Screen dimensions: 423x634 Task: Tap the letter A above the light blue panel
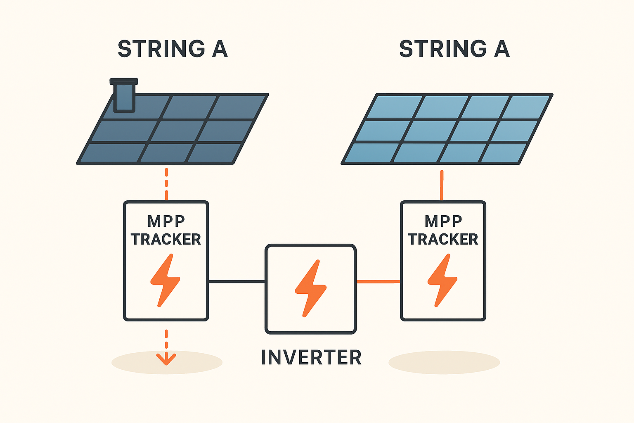(x=502, y=49)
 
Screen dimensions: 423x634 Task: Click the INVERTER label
(x=311, y=357)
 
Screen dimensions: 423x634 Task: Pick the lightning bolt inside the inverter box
(x=310, y=288)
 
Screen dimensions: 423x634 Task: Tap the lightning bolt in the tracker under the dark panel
(x=165, y=280)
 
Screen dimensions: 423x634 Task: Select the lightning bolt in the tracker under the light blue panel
(x=442, y=280)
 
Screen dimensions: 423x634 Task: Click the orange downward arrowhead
(x=166, y=359)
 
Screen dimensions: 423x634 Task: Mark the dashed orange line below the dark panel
(x=166, y=184)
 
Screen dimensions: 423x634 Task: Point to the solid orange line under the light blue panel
(x=442, y=185)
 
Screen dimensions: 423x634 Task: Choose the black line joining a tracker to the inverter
(x=237, y=282)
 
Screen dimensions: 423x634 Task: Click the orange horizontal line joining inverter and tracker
(x=378, y=282)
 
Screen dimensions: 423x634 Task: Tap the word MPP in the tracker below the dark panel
(x=166, y=221)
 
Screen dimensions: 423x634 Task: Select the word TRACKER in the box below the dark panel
(x=166, y=240)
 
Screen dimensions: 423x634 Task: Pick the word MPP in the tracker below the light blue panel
(x=443, y=221)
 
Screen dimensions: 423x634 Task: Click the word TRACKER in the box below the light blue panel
(x=443, y=240)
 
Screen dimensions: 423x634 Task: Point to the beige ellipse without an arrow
(x=444, y=362)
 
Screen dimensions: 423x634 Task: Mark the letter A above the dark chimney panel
(x=220, y=49)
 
